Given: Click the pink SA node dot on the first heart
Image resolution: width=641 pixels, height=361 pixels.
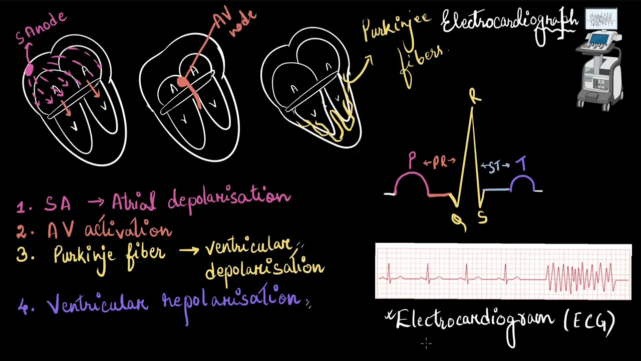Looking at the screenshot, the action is click(29, 70).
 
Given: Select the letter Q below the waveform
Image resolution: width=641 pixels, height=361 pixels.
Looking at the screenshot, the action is click(458, 221).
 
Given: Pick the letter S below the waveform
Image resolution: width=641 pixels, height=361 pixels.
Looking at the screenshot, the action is click(482, 218).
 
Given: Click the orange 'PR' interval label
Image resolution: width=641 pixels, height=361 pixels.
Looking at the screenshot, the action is click(440, 162).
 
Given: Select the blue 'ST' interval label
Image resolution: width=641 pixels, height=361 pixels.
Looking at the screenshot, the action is click(495, 167).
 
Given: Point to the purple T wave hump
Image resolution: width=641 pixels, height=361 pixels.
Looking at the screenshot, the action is click(521, 182).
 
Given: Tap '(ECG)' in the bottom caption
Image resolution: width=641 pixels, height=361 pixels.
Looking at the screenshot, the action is click(589, 322).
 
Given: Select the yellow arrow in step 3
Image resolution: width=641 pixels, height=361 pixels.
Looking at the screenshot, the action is click(189, 249).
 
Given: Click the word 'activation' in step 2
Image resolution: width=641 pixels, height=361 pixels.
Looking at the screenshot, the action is click(128, 230).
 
